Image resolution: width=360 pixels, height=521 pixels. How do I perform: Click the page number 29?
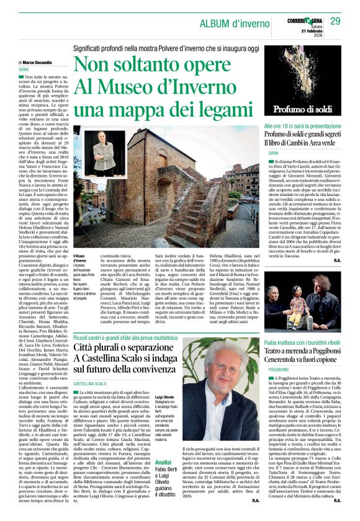[x=335, y=22]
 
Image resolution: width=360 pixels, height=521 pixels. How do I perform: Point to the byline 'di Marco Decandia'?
[x=37, y=63]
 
